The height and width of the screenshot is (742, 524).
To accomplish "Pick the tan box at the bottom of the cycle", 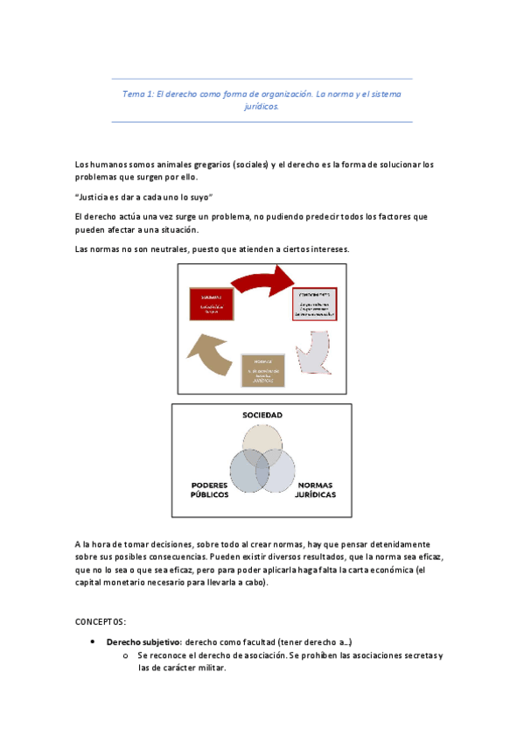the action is coord(263,369).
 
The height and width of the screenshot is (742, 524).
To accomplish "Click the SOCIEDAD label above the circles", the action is coord(262,414).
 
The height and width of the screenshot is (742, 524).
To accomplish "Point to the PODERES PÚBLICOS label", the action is coord(210,489).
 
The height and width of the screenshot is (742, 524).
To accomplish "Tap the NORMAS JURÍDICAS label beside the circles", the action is coord(317,489).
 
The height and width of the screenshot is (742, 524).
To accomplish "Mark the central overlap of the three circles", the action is coord(262,463).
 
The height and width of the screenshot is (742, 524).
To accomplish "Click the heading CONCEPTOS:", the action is coord(101,621).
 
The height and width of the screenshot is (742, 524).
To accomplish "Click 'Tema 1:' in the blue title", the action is coord(137,93).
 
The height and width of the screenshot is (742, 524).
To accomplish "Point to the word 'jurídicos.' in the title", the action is coord(262,106).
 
